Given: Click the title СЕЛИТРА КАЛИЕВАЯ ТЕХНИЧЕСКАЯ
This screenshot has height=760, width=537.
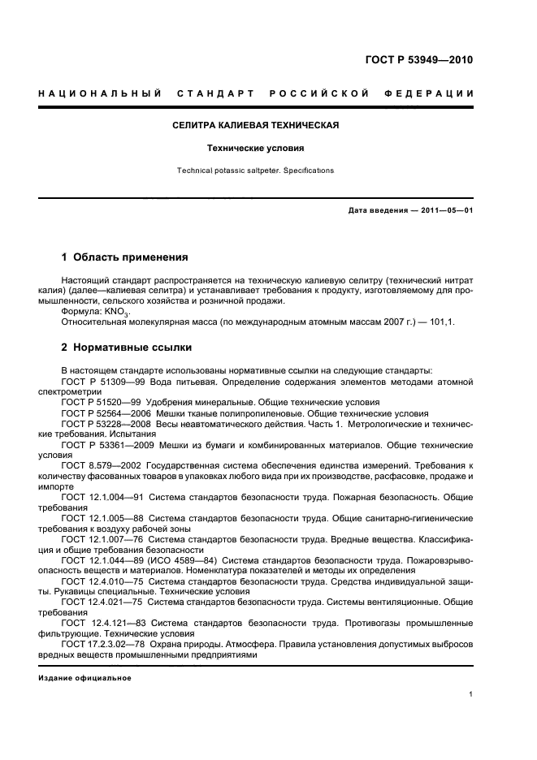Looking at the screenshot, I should point(255,126).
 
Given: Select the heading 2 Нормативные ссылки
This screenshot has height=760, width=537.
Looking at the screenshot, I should point(127,348).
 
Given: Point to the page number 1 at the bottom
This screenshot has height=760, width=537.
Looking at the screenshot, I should point(471,695).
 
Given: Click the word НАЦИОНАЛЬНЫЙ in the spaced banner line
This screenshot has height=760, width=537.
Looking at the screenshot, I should point(97,93).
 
